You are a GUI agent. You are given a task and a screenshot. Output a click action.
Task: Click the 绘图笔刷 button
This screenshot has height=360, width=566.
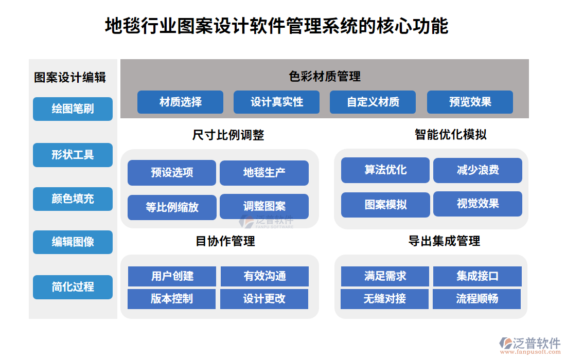[x=73, y=109]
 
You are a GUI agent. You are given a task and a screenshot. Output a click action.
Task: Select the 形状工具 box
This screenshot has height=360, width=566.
[x=73, y=155]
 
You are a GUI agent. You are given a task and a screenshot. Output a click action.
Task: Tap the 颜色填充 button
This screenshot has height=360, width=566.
[x=73, y=199]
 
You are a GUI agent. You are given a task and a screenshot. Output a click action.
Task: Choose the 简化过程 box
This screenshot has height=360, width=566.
[x=73, y=287]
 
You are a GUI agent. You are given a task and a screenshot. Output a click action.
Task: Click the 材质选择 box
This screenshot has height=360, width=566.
[x=180, y=102]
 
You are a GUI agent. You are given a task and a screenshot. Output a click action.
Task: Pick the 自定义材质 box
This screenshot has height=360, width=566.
[x=373, y=102]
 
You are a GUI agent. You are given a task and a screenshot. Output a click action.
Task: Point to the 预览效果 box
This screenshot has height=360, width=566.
[x=470, y=102]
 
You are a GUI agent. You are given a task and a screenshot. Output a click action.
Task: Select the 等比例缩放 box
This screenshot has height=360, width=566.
[x=172, y=207]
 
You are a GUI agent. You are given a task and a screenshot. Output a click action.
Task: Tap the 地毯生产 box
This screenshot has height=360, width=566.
[x=264, y=173]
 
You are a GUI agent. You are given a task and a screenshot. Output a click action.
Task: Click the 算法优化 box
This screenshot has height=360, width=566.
[x=385, y=170]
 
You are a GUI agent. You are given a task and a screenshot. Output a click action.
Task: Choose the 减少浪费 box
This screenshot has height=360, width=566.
[x=477, y=170]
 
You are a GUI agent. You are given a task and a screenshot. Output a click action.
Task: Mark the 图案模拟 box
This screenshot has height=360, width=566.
[x=385, y=205]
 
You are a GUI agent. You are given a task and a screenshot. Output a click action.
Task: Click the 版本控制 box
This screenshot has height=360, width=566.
[x=171, y=299]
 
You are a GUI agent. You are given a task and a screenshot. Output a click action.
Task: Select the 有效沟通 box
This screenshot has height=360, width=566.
[x=264, y=276]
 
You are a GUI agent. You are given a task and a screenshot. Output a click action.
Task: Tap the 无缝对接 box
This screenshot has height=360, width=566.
[x=384, y=299]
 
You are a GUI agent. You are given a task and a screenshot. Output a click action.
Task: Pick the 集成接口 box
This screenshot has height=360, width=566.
[x=477, y=276]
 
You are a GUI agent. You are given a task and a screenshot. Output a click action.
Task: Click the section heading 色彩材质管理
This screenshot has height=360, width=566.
[x=325, y=77]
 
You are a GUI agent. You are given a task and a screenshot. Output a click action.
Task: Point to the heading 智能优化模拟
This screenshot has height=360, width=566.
[x=451, y=135]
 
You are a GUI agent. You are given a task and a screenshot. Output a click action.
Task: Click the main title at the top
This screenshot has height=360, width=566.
[x=276, y=26]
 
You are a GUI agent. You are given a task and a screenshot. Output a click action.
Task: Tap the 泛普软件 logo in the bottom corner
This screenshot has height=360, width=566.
[x=530, y=346]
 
